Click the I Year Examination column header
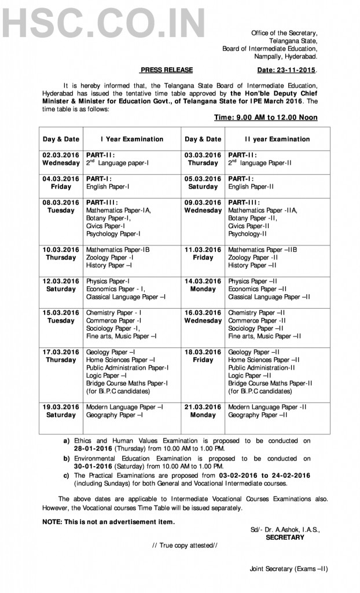[x=132, y=139]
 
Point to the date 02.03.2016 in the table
[x=61, y=155]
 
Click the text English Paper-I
[x=108, y=187]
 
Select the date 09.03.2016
[x=203, y=203]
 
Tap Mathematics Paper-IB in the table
[x=118, y=250]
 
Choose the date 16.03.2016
[x=203, y=313]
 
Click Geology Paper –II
[x=255, y=352]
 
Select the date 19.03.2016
[x=61, y=407]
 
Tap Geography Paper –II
[x=258, y=415]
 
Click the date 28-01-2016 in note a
[x=94, y=449]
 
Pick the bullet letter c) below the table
[x=67, y=475]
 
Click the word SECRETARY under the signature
[x=285, y=537]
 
